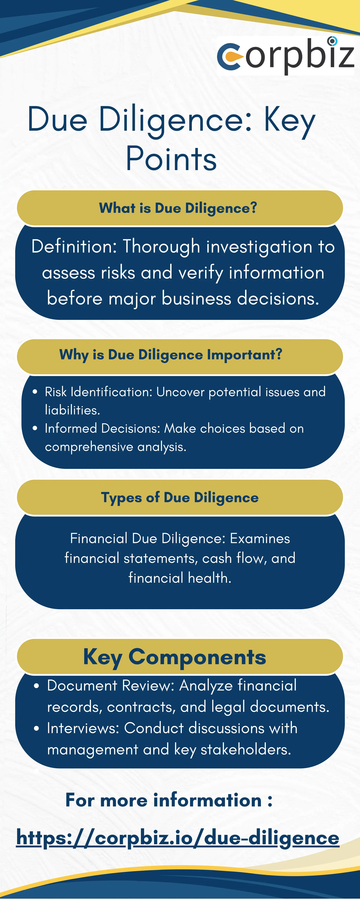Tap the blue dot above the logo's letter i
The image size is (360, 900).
pyautogui.click(x=332, y=41)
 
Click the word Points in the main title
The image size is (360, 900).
pyautogui.click(x=171, y=159)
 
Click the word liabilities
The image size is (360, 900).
pyautogui.click(x=72, y=410)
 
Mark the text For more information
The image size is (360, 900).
pyautogui.click(x=164, y=800)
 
